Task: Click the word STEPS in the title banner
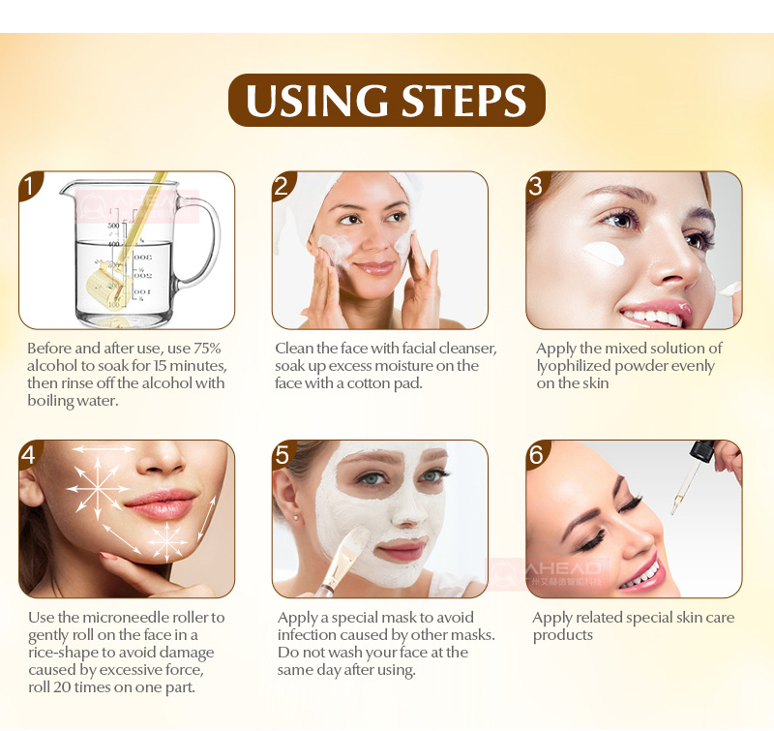pos(464,101)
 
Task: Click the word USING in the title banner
pos(317,101)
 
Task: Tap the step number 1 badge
pos(30,186)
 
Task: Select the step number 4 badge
pos(30,454)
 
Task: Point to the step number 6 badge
pos(537,454)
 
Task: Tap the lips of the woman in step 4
pos(160,503)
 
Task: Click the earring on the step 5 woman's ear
pos(297,518)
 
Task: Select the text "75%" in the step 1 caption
pos(207,349)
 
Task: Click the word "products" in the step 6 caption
pos(563,636)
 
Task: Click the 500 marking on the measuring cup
pos(113,226)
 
